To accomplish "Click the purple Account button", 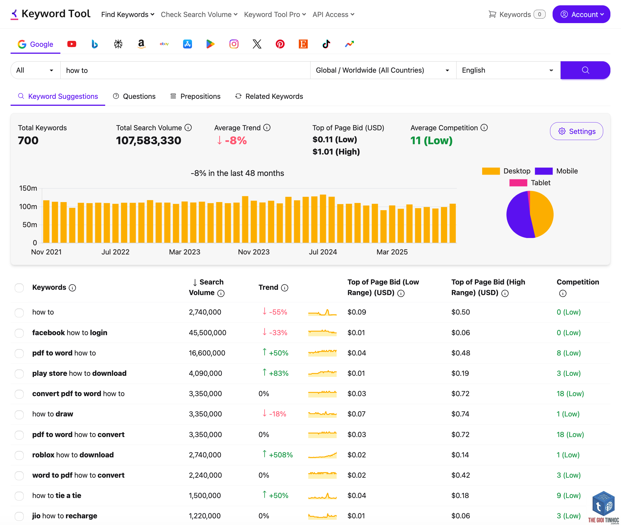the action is click(x=581, y=14).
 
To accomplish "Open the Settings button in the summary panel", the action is click(x=576, y=131).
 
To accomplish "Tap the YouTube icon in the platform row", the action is click(x=72, y=44).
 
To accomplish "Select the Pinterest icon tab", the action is click(x=280, y=44).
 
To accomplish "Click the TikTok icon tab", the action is click(x=326, y=44).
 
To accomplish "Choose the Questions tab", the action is click(x=134, y=96).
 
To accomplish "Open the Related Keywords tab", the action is click(x=269, y=96).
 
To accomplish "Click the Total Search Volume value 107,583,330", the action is click(x=148, y=141).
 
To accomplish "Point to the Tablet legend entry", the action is click(x=530, y=183).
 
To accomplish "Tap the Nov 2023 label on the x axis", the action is click(x=254, y=252).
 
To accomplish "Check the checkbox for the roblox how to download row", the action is click(x=19, y=455).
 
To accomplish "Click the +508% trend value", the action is click(x=281, y=455).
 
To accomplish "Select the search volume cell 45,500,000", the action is click(x=208, y=333).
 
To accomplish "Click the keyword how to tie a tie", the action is click(x=57, y=496).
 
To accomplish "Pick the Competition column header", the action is click(x=578, y=282).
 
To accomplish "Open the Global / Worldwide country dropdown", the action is click(x=383, y=70).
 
